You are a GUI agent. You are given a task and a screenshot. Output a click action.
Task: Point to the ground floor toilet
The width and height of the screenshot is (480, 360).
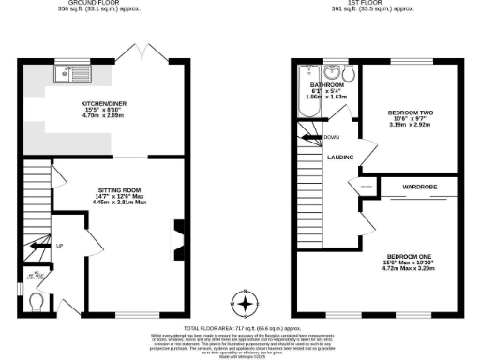click(x=37, y=301)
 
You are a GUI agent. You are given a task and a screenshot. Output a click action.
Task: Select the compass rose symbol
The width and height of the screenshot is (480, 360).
click(x=246, y=304)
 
